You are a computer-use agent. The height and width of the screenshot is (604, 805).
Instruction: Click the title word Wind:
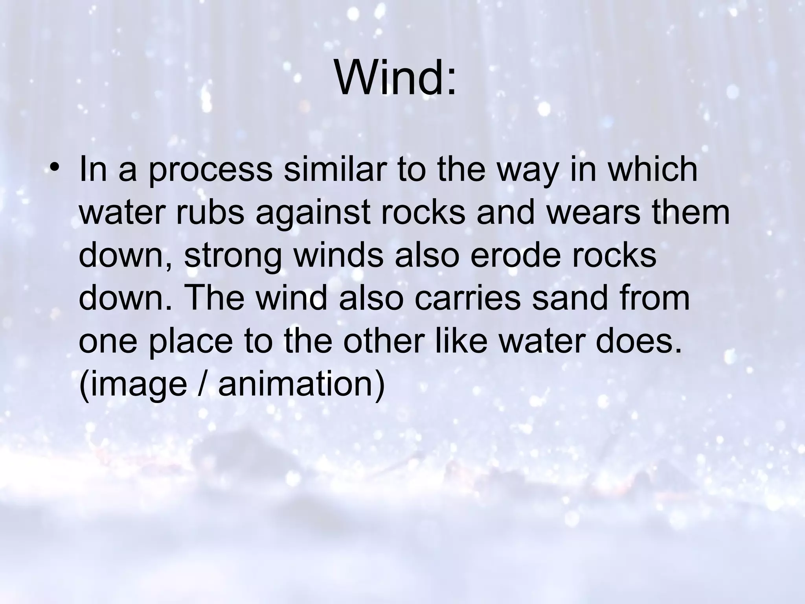coord(395,79)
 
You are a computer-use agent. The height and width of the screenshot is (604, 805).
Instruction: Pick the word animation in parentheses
coord(301,385)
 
